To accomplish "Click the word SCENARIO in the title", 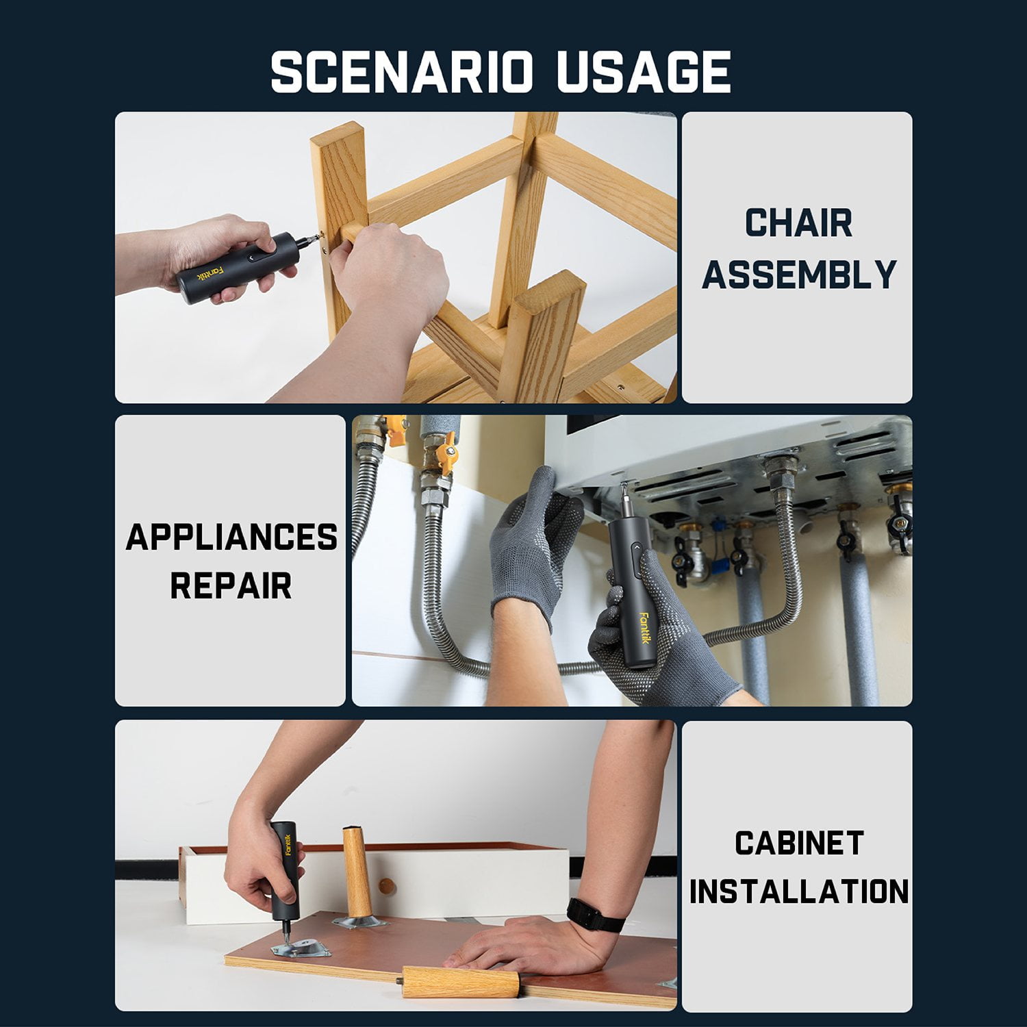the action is pos(401,71).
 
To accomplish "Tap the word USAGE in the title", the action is pos(644,71).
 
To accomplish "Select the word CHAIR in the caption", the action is pos(798,223).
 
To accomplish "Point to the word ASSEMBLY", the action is pos(799,274).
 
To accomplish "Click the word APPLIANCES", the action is pos(231,537).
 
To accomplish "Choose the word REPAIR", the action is pos(231,586).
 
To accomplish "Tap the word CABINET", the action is pos(799,843).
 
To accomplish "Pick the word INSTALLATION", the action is pos(799,891).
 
